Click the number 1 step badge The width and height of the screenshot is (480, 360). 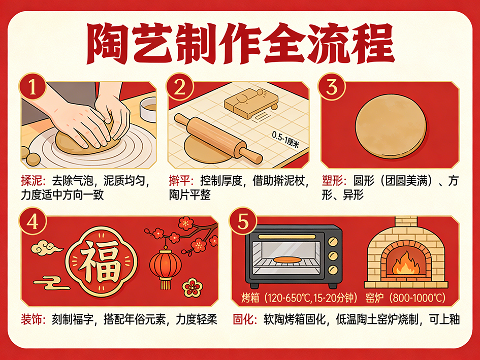coord(33,87)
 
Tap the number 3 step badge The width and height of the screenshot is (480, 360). coord(332,87)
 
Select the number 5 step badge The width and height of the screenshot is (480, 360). coord(243,221)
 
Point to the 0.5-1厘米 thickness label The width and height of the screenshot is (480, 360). coord(285,140)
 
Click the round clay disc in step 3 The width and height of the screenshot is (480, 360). coord(391,126)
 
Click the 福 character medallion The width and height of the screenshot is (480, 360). coord(101,261)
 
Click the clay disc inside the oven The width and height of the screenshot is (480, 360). coord(286,259)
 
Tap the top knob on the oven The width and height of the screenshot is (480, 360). coord(333,242)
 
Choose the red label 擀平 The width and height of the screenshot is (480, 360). coord(180,181)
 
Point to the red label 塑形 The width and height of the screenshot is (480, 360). coord(333,181)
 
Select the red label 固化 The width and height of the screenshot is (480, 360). coord(244,319)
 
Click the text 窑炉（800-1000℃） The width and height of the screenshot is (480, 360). coord(405,298)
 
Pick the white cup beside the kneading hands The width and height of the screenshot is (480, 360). coord(148,110)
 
